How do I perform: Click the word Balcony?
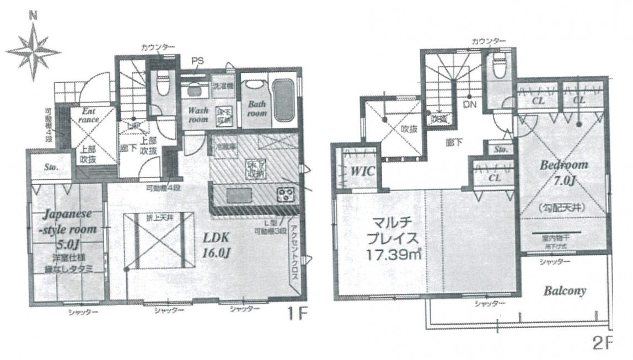tap(565, 291)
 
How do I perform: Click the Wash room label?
tap(197, 114)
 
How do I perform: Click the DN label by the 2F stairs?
tap(469, 103)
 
